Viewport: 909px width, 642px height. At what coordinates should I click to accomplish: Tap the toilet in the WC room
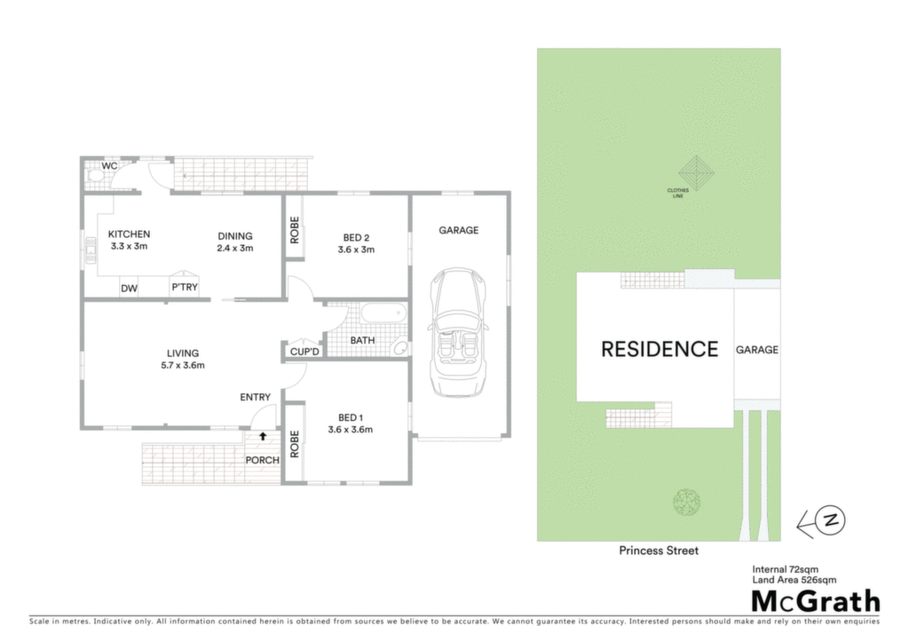coord(93,175)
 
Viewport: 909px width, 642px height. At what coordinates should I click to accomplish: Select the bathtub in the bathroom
coord(383,314)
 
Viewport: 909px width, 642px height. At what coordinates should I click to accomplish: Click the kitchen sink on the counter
coord(91,250)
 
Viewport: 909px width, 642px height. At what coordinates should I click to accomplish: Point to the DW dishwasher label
coord(130,289)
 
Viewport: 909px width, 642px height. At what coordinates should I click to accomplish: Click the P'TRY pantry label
coord(185,287)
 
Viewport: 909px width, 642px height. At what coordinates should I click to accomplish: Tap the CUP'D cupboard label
coord(304,352)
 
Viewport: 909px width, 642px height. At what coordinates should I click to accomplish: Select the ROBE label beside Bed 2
coord(295,230)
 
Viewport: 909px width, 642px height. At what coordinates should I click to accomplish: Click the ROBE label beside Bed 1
coord(295,444)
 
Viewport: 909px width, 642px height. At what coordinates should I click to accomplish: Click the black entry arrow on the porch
coord(263,435)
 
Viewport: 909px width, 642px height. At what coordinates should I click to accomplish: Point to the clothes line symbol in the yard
coord(696,173)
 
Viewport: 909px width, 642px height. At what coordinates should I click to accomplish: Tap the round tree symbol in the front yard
coord(687,502)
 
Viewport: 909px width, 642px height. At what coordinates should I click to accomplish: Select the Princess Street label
coord(659,551)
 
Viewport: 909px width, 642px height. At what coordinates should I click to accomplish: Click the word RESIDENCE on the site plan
coord(660,349)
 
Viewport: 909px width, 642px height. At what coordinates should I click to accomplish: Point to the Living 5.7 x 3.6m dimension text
coord(183,365)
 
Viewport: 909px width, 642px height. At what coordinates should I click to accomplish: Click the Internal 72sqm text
coord(786,569)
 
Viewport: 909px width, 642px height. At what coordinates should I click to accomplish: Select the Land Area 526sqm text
coord(794,579)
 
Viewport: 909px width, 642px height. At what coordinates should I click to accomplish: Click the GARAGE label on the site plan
coord(757,350)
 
